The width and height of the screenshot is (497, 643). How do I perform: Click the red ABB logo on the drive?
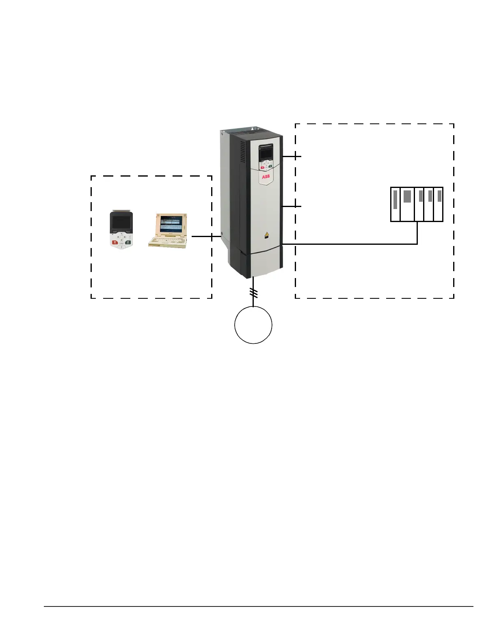pos(266,177)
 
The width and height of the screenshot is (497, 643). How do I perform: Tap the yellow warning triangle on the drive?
pos(266,234)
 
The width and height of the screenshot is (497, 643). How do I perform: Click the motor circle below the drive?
pos(253,325)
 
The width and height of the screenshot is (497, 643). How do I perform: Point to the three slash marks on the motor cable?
pos(253,293)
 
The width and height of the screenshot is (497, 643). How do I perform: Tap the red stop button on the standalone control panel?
pos(115,242)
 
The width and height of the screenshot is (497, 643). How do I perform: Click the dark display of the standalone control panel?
pos(121,222)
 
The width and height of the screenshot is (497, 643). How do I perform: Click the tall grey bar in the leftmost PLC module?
pos(395,199)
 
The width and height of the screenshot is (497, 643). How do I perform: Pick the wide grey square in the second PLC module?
pos(407,196)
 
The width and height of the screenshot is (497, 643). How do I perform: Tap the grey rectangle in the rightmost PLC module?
pos(439,196)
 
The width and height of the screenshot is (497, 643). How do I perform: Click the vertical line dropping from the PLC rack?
pos(417,233)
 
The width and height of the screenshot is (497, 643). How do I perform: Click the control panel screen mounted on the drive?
pos(265,153)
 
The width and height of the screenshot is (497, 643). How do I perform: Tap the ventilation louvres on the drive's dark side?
pos(242,152)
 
